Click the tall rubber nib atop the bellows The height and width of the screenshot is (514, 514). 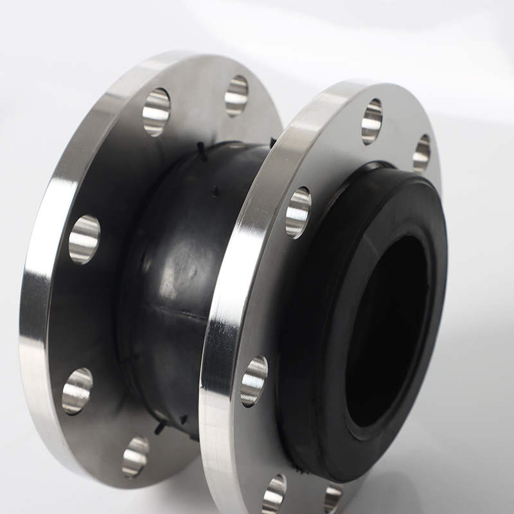(x=202, y=152)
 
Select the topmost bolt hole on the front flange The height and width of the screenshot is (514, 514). (x=372, y=121)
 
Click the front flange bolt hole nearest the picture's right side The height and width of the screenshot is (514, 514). (x=421, y=152)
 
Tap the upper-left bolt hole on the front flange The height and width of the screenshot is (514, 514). (x=298, y=212)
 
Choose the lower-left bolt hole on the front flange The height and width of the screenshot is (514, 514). (x=254, y=380)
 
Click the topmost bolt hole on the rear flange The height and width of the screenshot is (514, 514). (x=236, y=95)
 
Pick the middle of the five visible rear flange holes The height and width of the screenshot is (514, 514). (x=84, y=239)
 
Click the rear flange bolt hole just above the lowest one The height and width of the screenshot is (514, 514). (x=77, y=390)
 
